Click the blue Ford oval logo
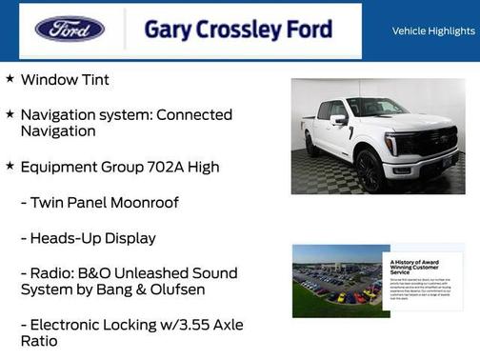[x=70, y=29]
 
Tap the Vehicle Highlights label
[x=433, y=31]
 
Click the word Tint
[x=93, y=80]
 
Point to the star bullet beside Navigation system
[x=10, y=114]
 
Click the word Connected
[x=189, y=114]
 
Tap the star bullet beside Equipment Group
[x=10, y=167]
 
